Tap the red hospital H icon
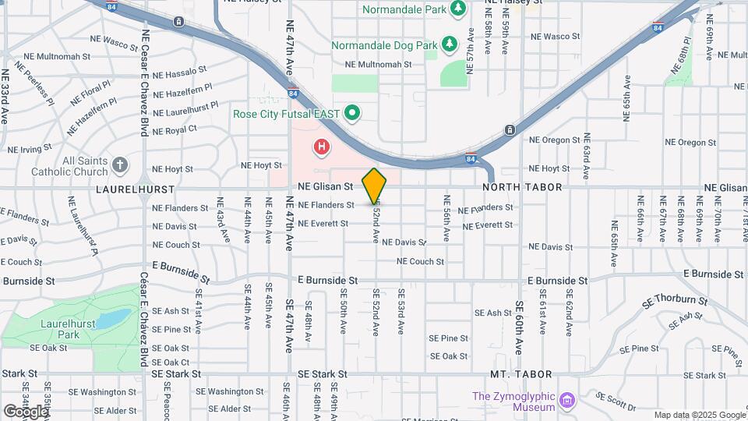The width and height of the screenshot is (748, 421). (x=320, y=146)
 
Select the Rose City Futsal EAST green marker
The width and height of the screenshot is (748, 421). (x=352, y=114)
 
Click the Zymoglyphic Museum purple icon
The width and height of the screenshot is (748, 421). (x=568, y=402)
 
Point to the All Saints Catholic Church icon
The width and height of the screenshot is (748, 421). (x=119, y=165)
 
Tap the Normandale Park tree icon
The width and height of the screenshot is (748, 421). (x=460, y=9)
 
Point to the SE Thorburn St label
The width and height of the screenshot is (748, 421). (x=675, y=301)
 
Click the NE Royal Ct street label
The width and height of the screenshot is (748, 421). (x=175, y=130)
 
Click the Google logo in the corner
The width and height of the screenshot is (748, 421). (x=26, y=411)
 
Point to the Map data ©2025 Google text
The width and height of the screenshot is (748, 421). (x=700, y=415)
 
